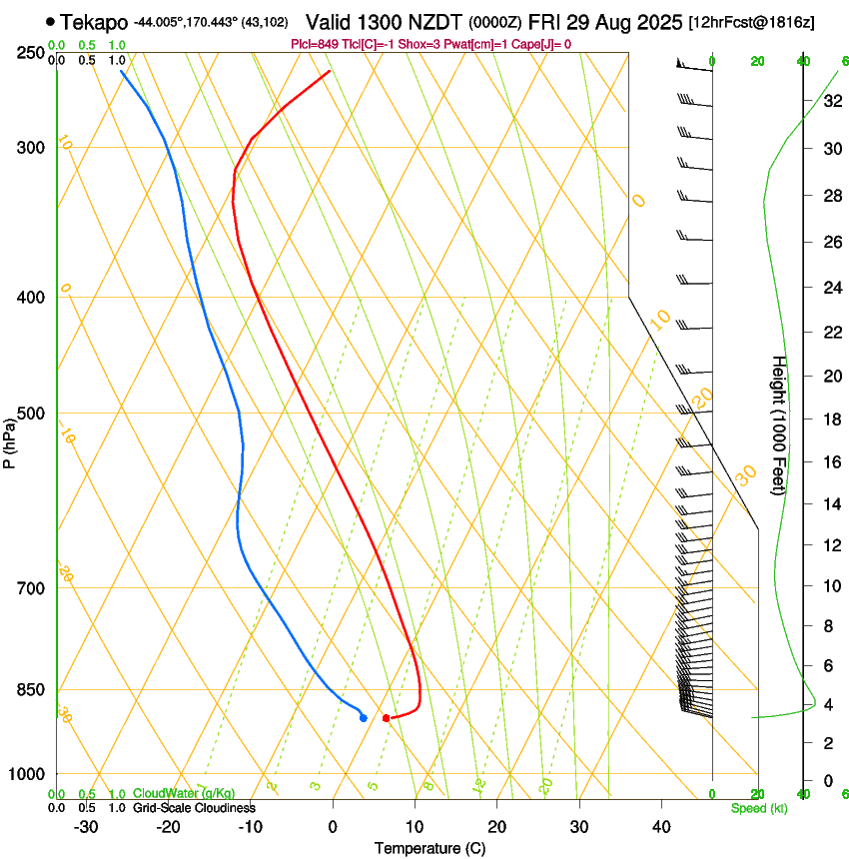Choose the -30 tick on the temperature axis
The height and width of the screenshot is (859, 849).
point(86,826)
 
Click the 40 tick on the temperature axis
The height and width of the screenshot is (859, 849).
point(661,826)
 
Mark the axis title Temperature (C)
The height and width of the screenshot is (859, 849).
point(429,848)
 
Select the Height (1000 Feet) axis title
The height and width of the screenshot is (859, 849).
point(780,425)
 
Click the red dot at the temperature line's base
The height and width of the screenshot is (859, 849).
point(386,718)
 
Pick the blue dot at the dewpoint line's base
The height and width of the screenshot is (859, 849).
point(363,718)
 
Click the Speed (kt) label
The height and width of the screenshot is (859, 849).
point(758,808)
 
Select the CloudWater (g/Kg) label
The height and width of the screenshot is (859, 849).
point(184,794)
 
